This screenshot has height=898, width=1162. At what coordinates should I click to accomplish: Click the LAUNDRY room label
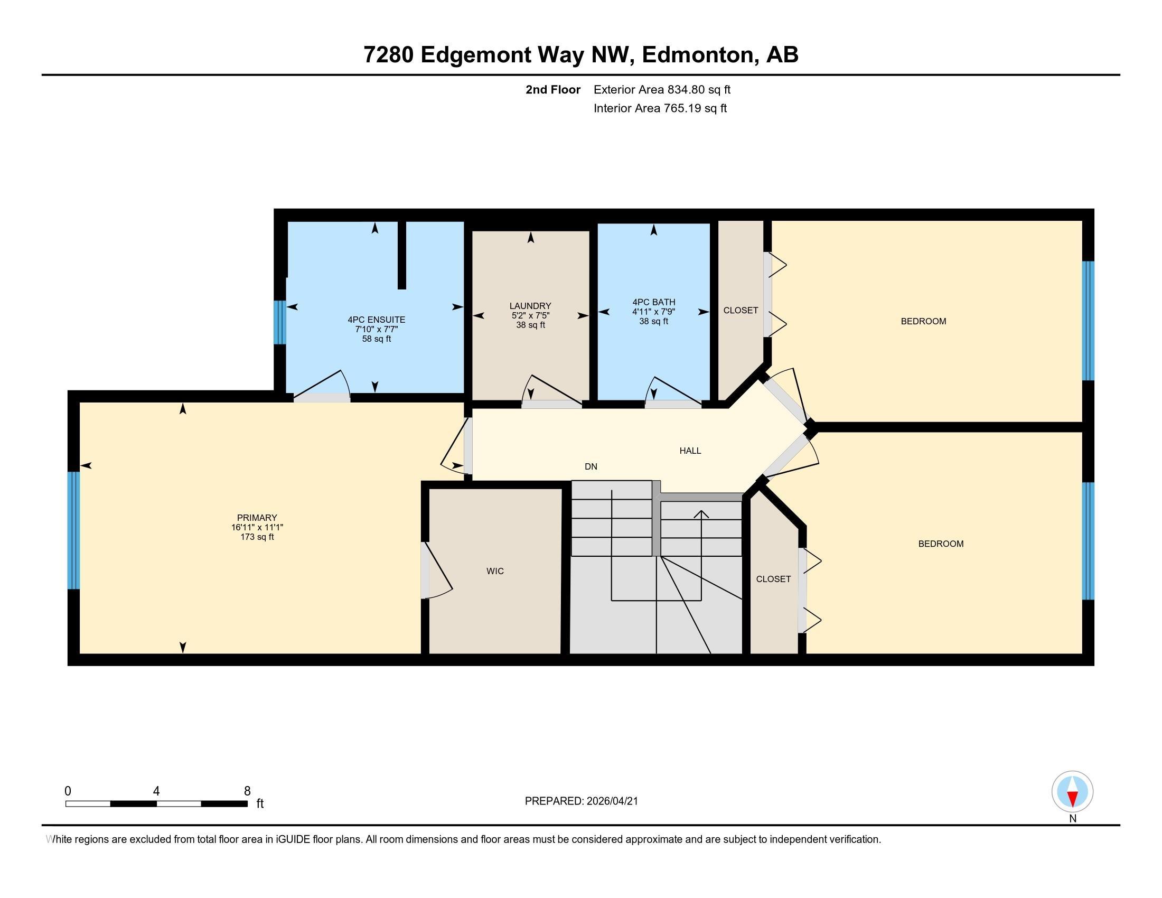(530, 306)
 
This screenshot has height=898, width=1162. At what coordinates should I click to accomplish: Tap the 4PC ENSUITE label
(376, 320)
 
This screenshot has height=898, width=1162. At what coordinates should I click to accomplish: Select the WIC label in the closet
(495, 571)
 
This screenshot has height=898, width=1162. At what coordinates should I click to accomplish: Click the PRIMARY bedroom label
(257, 518)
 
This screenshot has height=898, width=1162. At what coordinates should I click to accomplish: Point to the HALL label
(690, 451)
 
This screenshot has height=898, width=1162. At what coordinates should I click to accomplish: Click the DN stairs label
(591, 466)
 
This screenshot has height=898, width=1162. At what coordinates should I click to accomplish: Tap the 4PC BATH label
(653, 302)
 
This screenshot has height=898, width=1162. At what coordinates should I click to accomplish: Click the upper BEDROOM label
(923, 321)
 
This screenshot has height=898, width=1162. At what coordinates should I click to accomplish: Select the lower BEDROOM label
(941, 544)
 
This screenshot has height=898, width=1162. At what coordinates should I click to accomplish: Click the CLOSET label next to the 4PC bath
(740, 310)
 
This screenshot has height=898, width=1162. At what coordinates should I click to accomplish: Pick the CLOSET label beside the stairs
(773, 579)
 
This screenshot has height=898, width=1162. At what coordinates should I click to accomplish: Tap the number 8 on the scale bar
(247, 791)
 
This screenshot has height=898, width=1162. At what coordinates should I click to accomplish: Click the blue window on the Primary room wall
(73, 530)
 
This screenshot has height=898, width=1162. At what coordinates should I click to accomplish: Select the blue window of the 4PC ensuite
(280, 322)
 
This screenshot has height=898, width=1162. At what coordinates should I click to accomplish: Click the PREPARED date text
(581, 801)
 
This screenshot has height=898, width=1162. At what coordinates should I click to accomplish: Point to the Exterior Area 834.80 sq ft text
(662, 90)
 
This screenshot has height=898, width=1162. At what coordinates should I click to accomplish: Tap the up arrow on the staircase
(701, 515)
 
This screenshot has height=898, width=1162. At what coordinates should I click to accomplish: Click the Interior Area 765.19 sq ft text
(660, 108)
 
